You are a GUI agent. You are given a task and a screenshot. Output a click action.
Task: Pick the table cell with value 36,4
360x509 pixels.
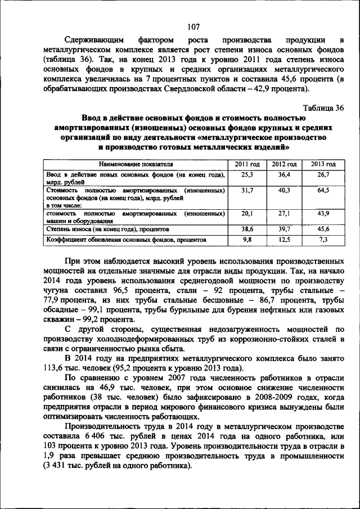285,175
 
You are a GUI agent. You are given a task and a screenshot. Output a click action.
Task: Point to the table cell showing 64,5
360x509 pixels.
323,191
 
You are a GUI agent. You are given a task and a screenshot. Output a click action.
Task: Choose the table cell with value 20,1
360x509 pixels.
247,214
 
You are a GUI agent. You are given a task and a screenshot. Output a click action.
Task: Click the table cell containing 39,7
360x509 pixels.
285,229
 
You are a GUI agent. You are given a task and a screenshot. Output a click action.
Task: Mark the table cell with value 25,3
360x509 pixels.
247,175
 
